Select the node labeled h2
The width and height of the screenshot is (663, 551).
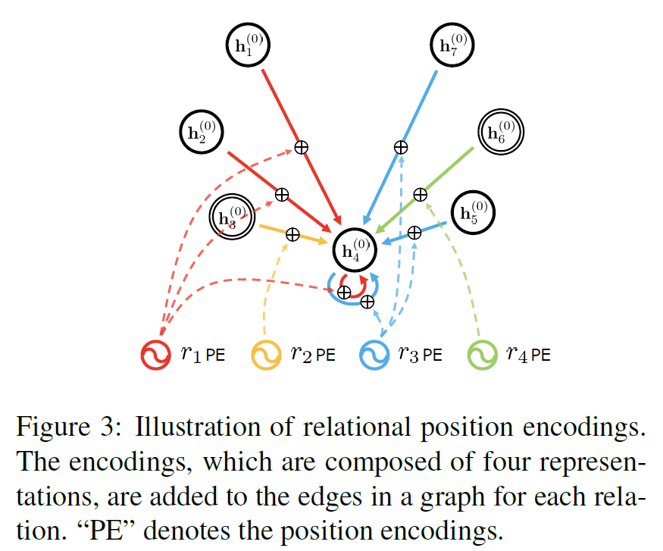pos(202,133)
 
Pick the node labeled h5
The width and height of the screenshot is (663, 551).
pos(471,213)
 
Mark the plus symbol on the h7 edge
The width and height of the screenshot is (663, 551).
pos(401,147)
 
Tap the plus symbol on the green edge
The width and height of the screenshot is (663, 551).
pos(420,195)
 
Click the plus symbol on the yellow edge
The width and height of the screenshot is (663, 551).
pos(292,235)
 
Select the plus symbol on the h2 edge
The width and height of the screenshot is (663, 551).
pos(281,195)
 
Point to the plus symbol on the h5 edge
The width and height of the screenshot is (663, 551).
pos(414,233)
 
